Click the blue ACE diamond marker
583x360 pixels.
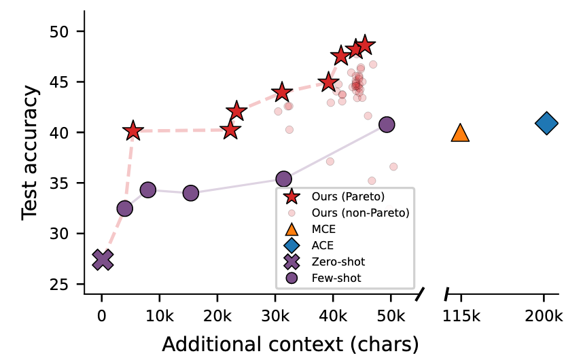pos(546,124)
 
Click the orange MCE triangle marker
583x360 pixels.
pos(460,133)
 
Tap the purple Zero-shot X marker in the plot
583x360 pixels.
pos(103,259)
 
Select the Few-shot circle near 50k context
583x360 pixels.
pos(387,124)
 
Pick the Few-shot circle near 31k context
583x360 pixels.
pos(283,179)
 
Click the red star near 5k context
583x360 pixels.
pos(133,131)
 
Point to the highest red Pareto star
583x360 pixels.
pos(365,46)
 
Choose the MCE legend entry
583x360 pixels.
pos(323,229)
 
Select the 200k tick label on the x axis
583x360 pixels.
pos(544,316)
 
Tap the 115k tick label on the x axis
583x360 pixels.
pos(461,316)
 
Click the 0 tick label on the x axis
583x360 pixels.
pos(102,316)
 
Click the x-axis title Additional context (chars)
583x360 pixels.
pos(290,344)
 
